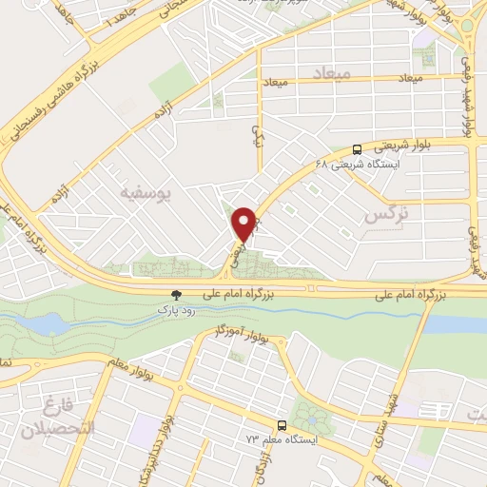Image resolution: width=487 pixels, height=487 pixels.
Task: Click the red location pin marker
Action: pos(246,223)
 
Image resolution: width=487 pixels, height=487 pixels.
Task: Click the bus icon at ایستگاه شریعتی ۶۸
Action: pos(357,148)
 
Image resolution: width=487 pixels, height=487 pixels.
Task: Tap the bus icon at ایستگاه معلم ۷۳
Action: pos(281,425)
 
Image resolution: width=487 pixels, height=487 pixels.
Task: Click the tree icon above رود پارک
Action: pos(174,296)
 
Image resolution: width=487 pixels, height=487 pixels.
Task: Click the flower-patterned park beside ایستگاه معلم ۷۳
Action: pos(307,417)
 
